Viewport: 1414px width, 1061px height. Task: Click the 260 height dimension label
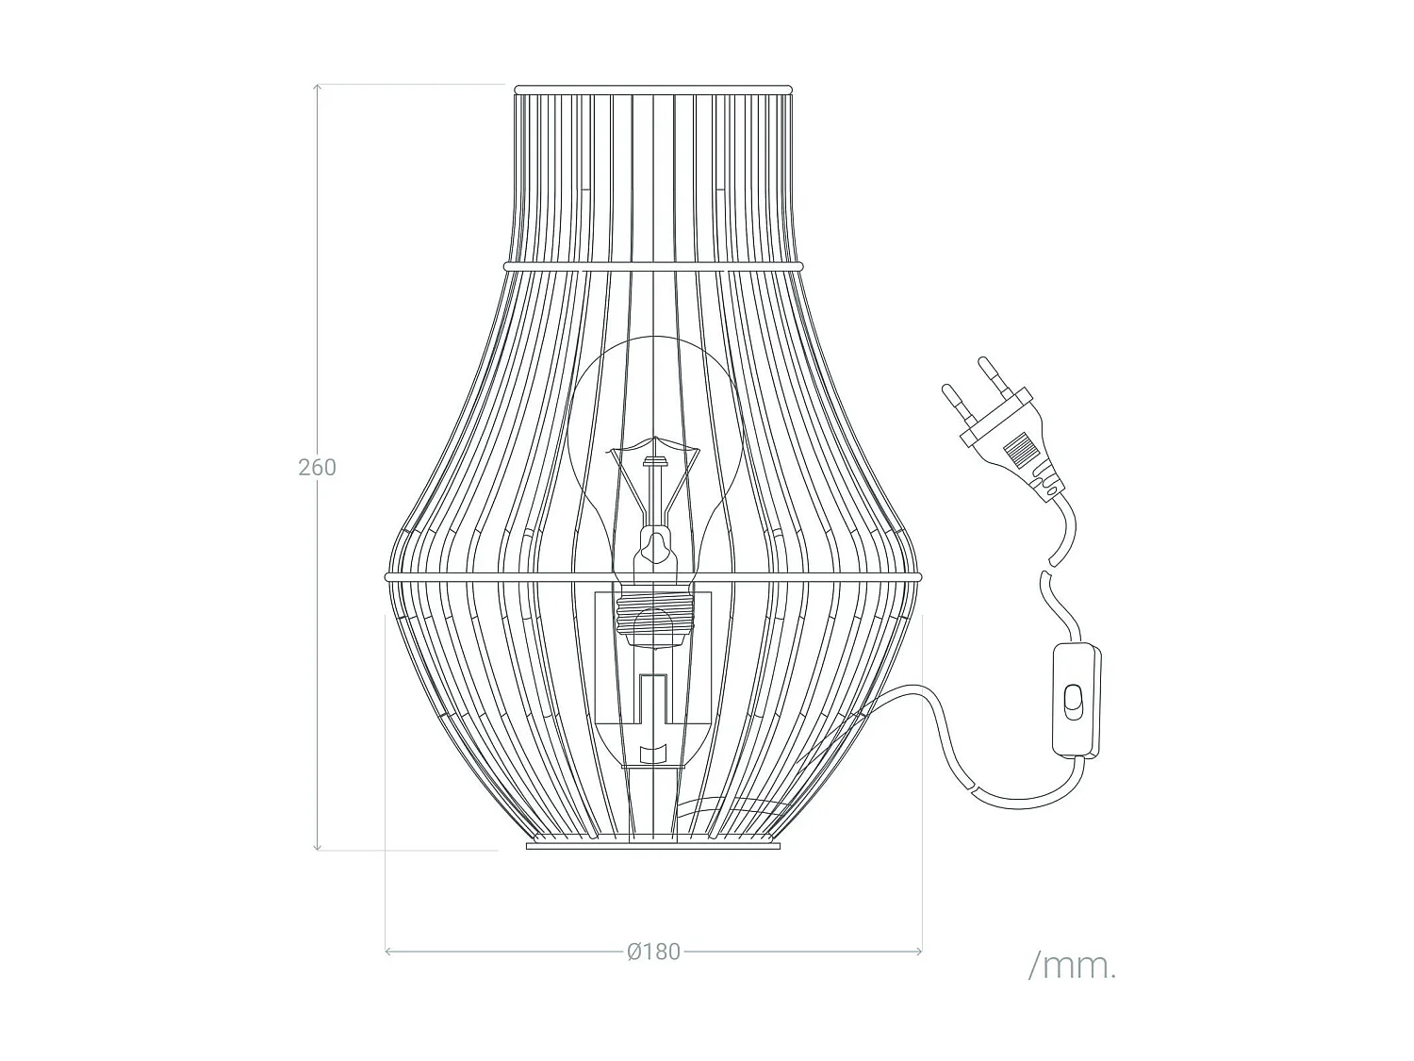click(x=317, y=468)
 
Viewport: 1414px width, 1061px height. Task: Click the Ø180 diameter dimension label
click(x=652, y=952)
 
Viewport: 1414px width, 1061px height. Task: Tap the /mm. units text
click(x=1073, y=966)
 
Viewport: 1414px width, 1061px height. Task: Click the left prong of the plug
click(x=954, y=400)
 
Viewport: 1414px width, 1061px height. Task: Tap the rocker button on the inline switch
click(x=1073, y=703)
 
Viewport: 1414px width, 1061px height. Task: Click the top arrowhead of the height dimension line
click(x=318, y=88)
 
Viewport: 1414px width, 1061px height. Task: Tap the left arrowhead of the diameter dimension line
click(x=389, y=952)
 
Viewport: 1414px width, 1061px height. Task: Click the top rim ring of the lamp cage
click(x=653, y=90)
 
